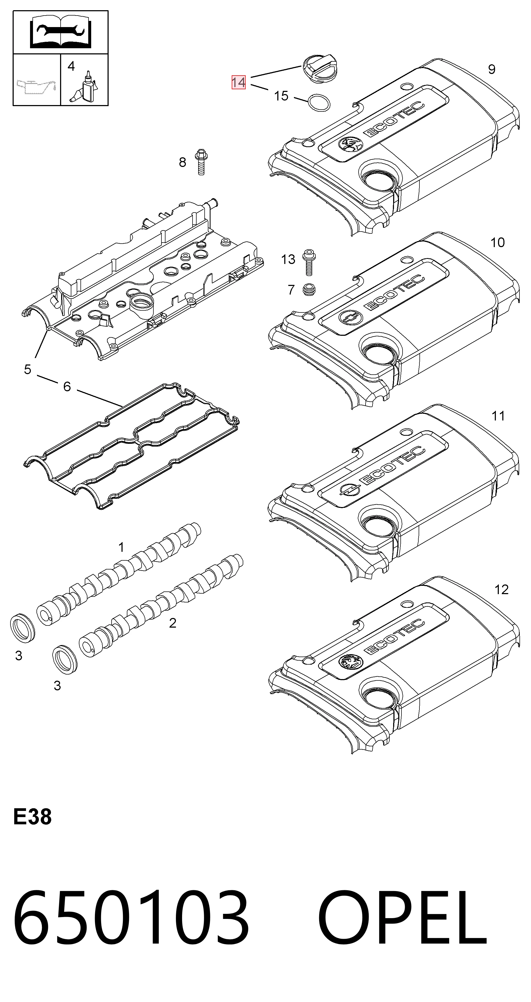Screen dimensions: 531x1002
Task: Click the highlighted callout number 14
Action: pyautogui.click(x=238, y=82)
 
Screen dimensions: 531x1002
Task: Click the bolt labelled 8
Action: pyautogui.click(x=201, y=162)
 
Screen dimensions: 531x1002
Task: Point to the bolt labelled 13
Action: pyautogui.click(x=309, y=262)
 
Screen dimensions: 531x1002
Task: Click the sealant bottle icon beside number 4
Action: pyautogui.click(x=85, y=87)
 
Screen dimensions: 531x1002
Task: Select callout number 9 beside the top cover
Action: pyautogui.click(x=492, y=69)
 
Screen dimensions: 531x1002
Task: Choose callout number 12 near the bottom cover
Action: pyautogui.click(x=501, y=590)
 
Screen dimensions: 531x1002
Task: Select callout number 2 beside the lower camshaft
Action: pyautogui.click(x=172, y=623)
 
